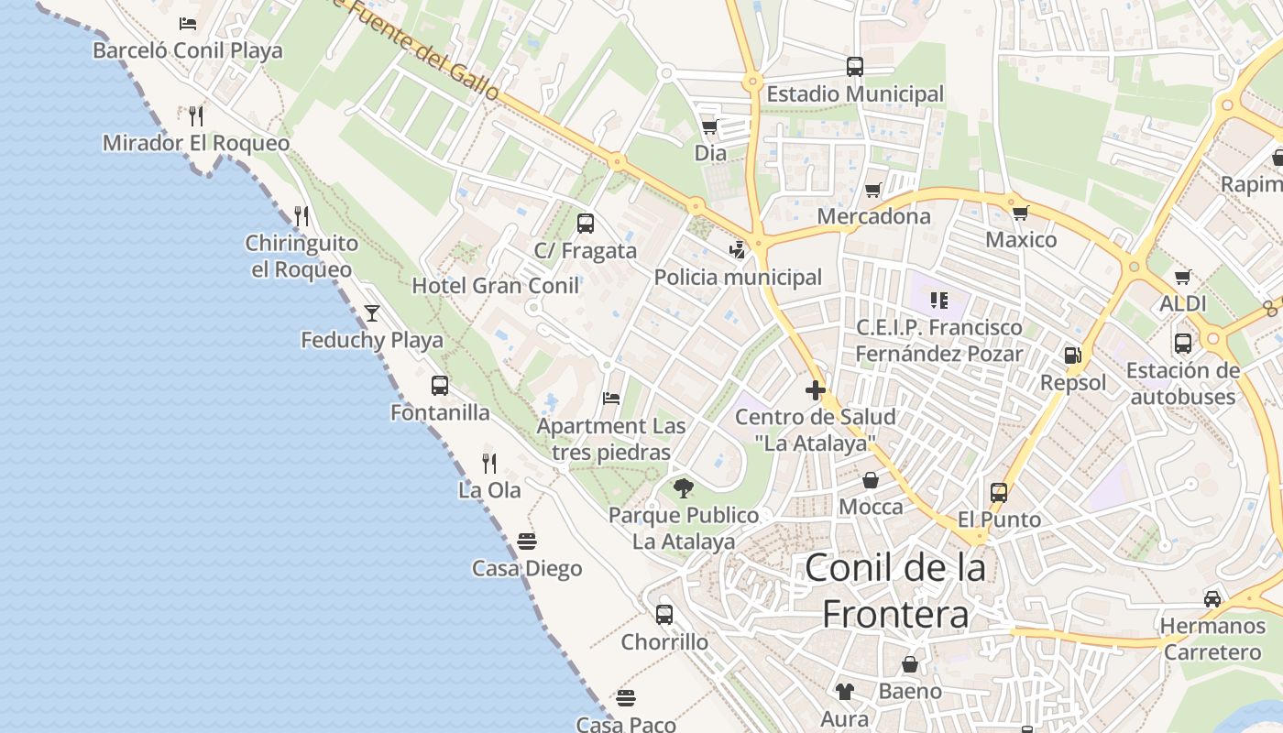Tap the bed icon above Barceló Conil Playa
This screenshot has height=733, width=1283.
point(188,24)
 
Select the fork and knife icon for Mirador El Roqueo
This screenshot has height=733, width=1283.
point(195,116)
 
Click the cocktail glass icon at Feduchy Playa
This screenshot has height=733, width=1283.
point(371,313)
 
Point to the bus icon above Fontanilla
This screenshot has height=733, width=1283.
point(440,386)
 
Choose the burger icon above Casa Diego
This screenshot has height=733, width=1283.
point(527,542)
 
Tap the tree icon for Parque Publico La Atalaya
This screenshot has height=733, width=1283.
point(683,488)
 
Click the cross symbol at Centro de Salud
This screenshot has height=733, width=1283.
point(815,390)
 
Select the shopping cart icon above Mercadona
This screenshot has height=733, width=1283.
point(873,191)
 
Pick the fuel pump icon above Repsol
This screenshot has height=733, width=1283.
point(1072,356)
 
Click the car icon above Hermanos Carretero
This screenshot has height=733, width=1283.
point(1212,599)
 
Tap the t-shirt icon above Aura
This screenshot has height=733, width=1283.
point(844,692)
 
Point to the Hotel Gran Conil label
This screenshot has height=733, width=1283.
point(495,286)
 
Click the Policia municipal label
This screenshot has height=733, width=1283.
point(738,277)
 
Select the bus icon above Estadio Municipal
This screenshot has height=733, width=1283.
point(854,67)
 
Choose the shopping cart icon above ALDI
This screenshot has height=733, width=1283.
point(1183,277)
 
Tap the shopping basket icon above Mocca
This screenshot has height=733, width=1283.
point(871,480)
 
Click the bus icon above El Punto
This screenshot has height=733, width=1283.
point(999,493)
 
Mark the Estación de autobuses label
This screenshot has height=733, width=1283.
point(1182,383)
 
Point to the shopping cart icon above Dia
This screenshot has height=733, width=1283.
point(709,126)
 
